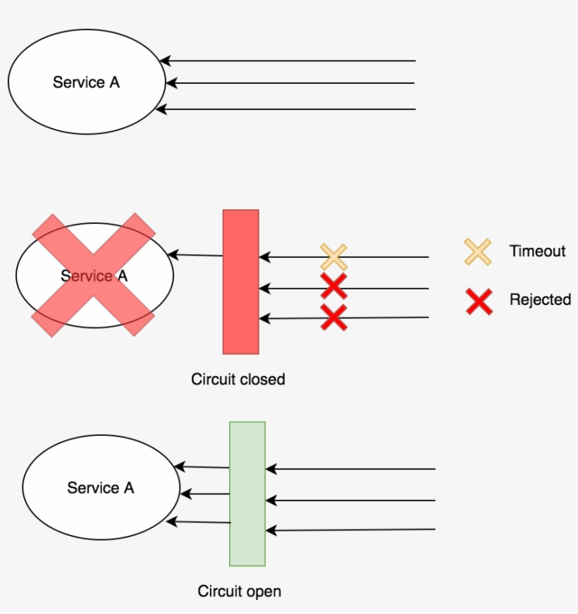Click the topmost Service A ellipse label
pyautogui.click(x=86, y=82)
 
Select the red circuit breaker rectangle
pyautogui.click(x=241, y=282)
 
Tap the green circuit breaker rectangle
pyautogui.click(x=247, y=493)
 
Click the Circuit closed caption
pyautogui.click(x=238, y=380)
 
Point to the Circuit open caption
pyautogui.click(x=239, y=591)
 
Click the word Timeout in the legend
pyautogui.click(x=537, y=251)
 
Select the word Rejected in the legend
pyautogui.click(x=540, y=300)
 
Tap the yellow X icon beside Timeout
pyautogui.click(x=477, y=251)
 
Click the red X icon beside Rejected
pyautogui.click(x=479, y=301)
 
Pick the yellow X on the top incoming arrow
pyautogui.click(x=333, y=257)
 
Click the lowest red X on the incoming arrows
pyautogui.click(x=333, y=318)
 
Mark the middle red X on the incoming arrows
pyautogui.click(x=333, y=287)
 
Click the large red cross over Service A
pyautogui.click(x=93, y=275)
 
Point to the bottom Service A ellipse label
pyautogui.click(x=100, y=488)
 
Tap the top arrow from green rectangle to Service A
pyautogui.click(x=202, y=467)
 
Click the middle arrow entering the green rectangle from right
pyautogui.click(x=352, y=501)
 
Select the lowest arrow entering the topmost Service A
pyautogui.click(x=289, y=109)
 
